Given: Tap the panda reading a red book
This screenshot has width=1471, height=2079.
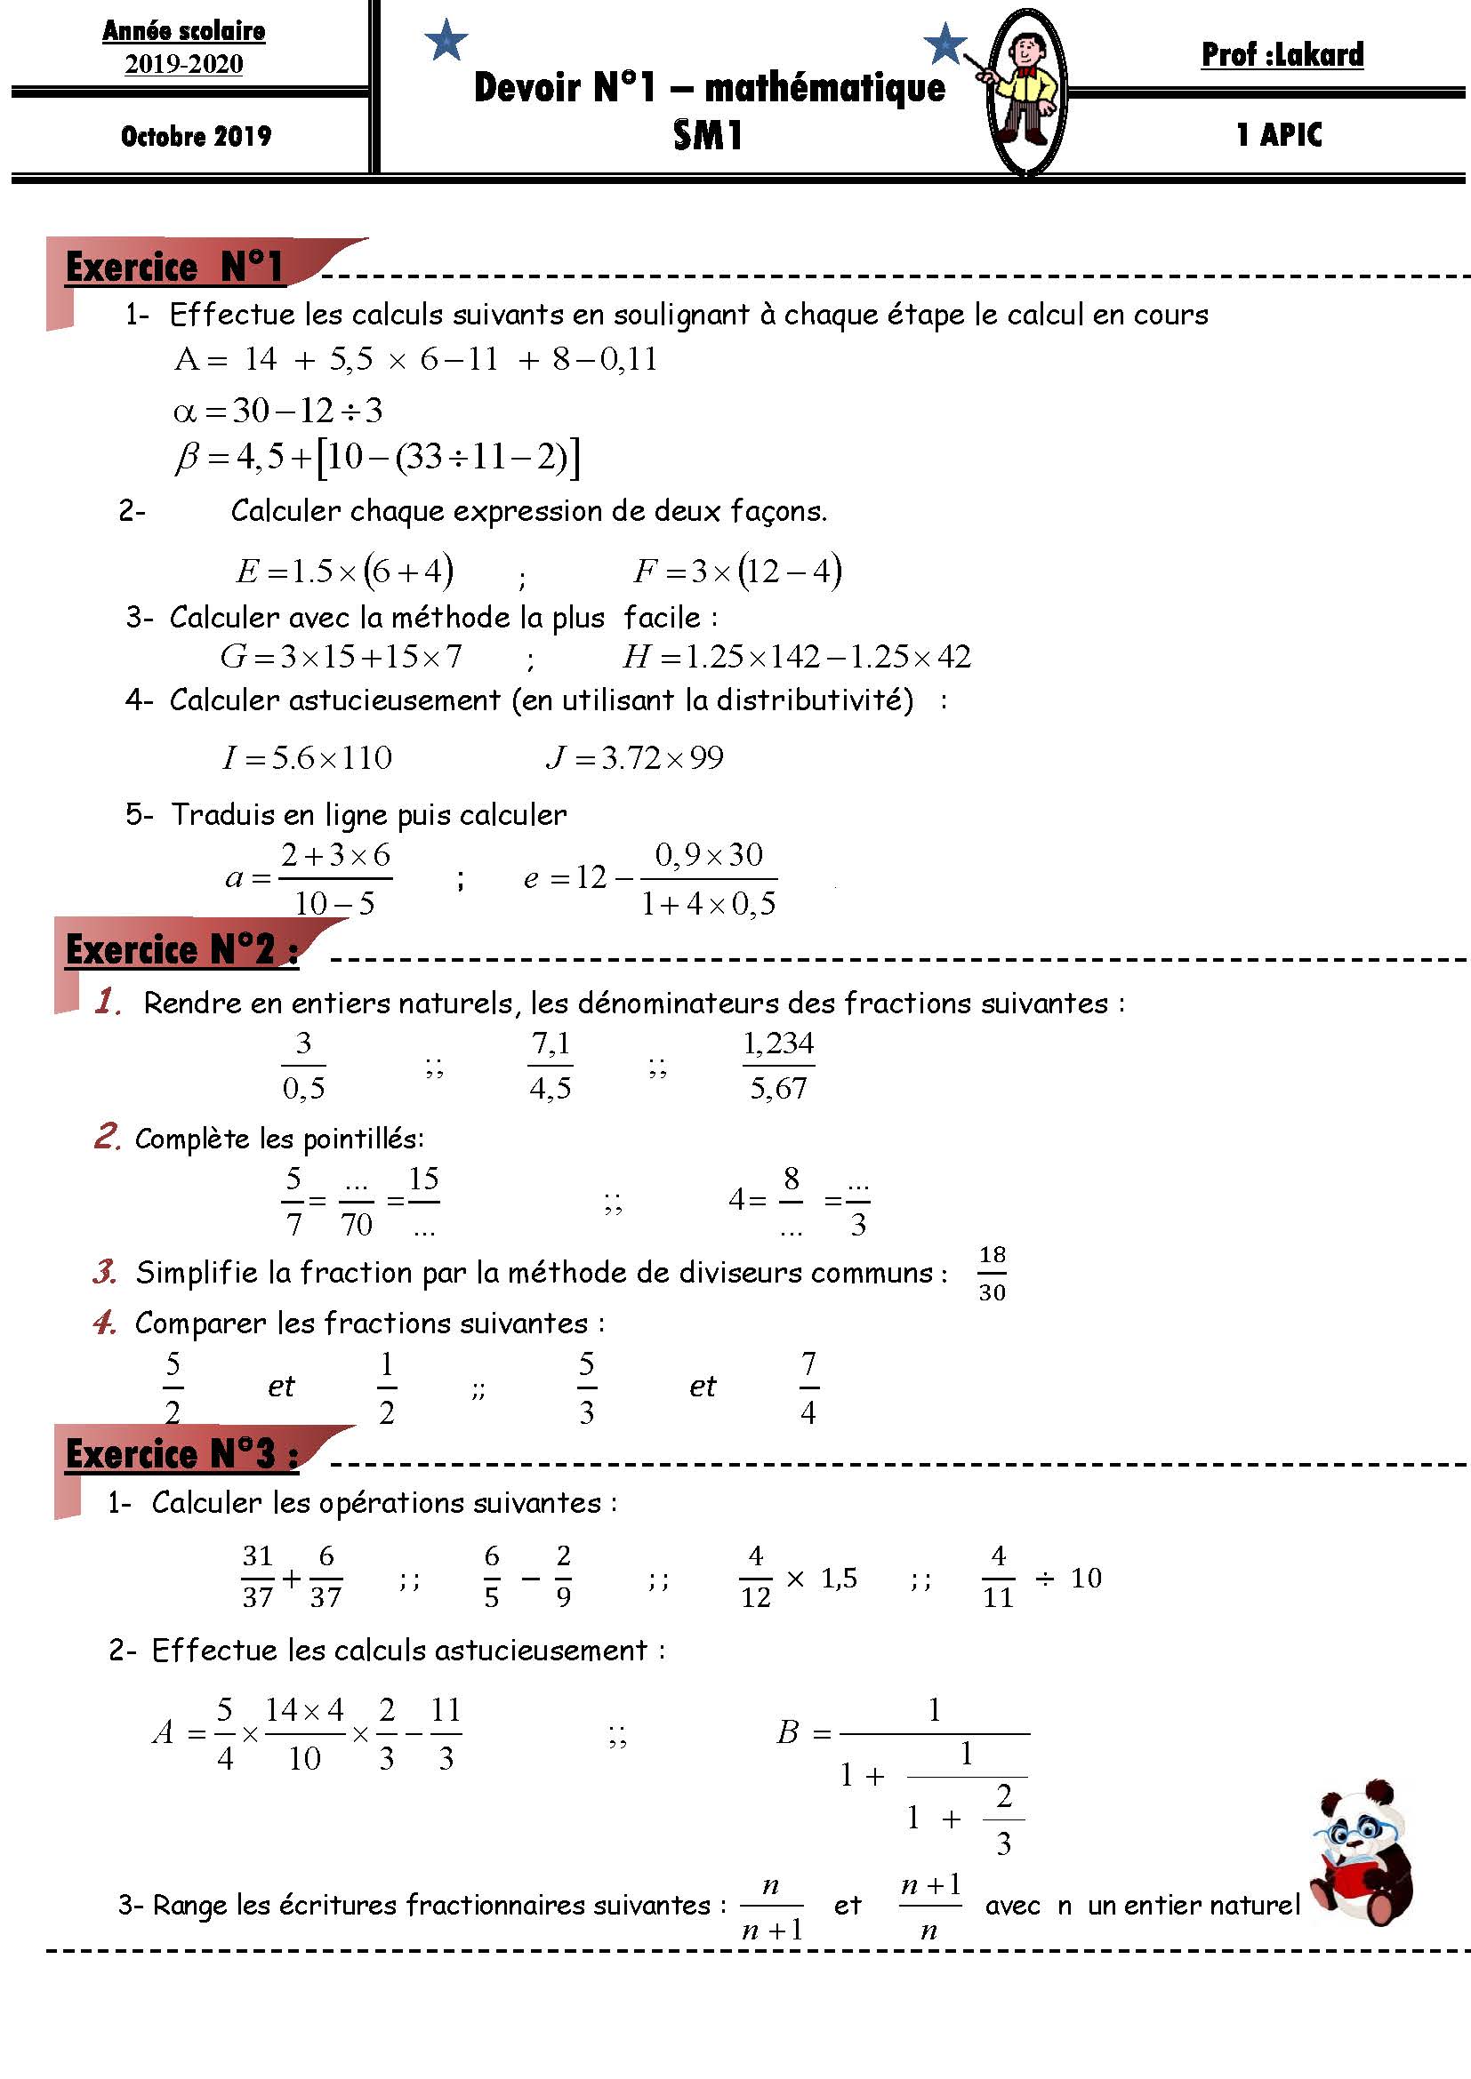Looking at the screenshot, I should pos(1364,1856).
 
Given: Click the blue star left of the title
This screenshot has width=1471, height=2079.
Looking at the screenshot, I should pos(446,41).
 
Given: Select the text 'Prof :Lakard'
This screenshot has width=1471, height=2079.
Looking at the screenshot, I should pos(1282,55).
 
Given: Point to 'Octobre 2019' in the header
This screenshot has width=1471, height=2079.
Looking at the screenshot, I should pos(196,136).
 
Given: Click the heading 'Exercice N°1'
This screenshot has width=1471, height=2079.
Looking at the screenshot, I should pos(175,268).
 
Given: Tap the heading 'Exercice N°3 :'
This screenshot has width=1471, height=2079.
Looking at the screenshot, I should pos(181,1453).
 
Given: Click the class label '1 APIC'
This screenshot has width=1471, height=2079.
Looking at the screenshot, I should pos(1279,135).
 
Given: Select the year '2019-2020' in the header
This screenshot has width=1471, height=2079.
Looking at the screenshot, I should pos(184,64).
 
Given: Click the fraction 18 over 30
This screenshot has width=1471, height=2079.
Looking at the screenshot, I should pos(992,1273).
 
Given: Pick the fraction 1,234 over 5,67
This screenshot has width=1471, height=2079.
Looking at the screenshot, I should pos(778,1066).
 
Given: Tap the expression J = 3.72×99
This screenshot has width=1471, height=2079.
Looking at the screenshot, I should pos(635,758).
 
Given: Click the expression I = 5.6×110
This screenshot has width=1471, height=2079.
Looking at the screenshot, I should pos(307,758).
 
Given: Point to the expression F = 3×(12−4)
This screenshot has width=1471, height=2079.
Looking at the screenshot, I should pos(737,572).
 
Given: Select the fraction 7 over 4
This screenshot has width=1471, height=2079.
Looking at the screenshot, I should pos(808,1387).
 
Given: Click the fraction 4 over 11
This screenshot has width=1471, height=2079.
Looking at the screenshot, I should pos(998,1578).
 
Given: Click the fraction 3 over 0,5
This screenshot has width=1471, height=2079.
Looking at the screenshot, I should pos(303,1066).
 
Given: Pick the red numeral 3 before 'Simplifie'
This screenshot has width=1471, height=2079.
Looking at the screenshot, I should pos(104,1272).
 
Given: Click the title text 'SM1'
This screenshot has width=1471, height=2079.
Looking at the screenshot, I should pos(707,136).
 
